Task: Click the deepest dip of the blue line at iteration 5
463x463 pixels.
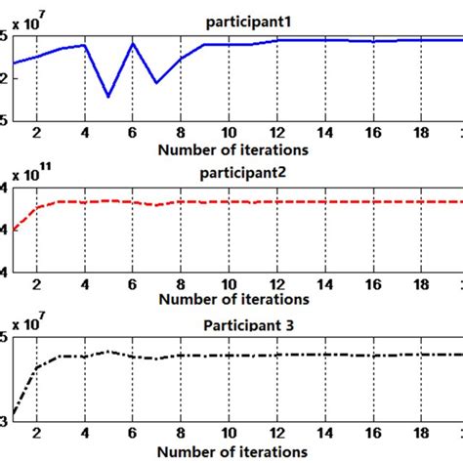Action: tap(108, 96)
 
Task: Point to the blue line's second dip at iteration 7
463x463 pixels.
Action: tap(156, 83)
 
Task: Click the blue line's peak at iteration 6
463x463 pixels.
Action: tap(133, 43)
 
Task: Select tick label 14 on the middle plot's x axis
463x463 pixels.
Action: tap(324, 286)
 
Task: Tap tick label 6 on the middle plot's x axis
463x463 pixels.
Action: tap(133, 286)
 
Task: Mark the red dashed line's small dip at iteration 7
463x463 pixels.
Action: tap(156, 205)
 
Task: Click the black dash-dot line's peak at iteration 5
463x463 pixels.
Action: tap(108, 352)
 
